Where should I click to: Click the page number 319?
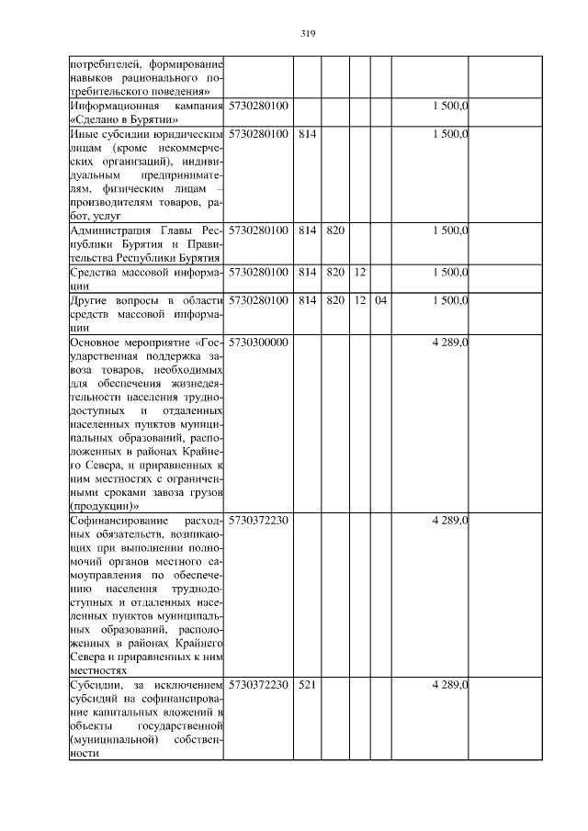point(308,34)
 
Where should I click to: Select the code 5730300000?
point(258,343)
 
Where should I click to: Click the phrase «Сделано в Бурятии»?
point(124,120)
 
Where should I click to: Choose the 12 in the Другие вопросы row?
point(359,300)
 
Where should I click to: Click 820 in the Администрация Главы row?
point(334,230)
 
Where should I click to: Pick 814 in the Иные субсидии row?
point(307,134)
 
